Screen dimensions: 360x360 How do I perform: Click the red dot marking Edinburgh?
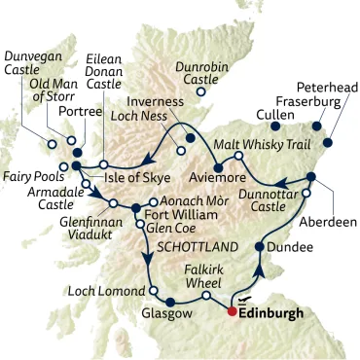click(x=232, y=312)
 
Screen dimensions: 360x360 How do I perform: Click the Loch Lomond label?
click(x=104, y=290)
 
